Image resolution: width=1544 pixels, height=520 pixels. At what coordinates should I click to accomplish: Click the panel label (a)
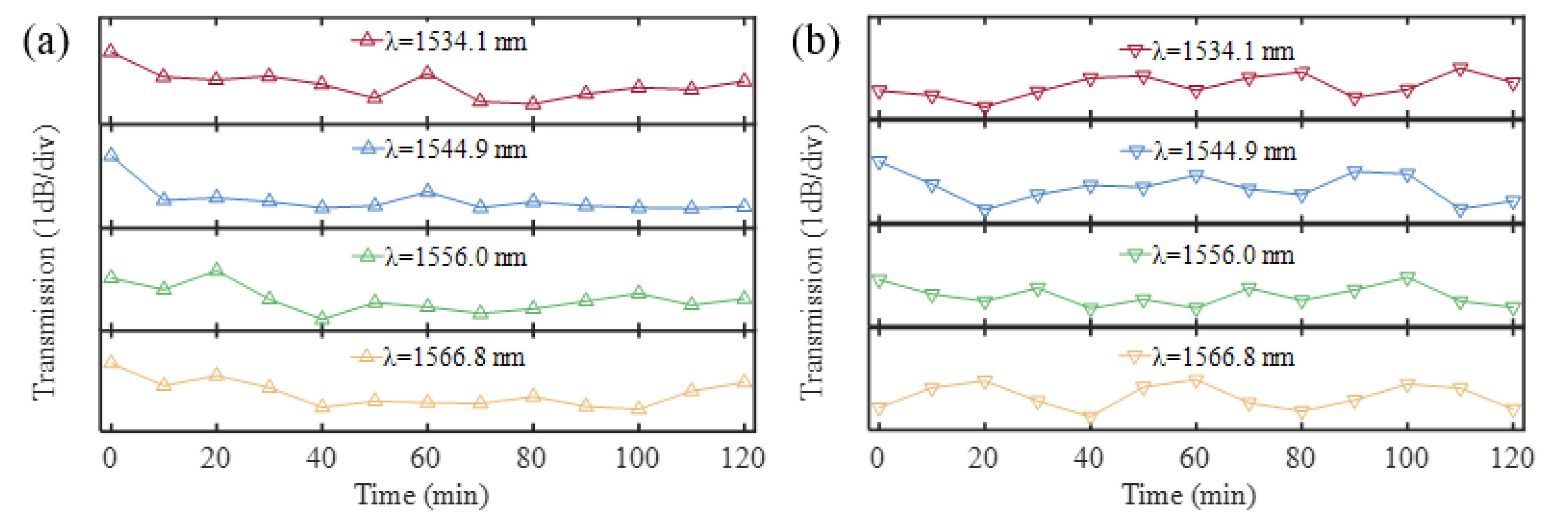(45, 43)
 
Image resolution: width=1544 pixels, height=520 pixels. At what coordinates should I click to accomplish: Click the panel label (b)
(815, 43)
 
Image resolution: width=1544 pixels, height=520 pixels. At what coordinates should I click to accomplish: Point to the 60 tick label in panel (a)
(426, 458)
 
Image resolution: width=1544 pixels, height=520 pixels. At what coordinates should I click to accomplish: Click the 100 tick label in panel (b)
(1406, 458)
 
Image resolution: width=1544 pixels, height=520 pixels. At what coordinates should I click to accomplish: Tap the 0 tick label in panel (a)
(110, 458)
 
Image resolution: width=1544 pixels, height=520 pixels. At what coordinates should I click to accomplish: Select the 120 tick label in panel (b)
(1512, 458)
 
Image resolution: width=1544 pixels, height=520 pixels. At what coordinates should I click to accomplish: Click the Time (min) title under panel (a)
(422, 495)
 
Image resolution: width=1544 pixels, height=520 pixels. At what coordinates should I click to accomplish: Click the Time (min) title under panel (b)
(1189, 495)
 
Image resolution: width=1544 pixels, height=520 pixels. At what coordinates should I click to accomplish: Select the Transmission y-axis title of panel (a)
(45, 261)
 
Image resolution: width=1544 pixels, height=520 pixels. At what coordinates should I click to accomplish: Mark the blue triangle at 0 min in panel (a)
(110, 155)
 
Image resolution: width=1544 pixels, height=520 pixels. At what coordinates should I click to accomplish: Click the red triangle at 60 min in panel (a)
(427, 73)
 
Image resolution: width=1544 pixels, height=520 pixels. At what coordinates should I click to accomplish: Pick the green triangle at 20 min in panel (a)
(216, 270)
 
